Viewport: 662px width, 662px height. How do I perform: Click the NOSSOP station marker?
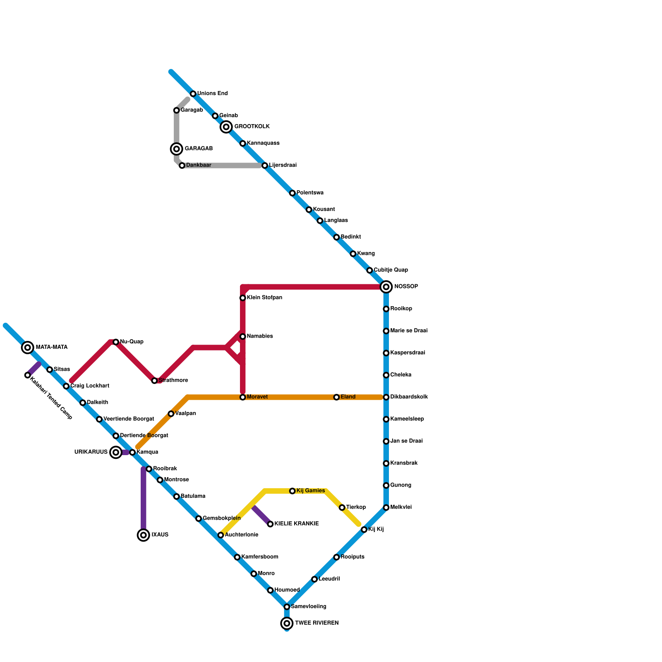click(x=386, y=287)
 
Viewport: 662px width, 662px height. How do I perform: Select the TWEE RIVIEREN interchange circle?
click(x=287, y=623)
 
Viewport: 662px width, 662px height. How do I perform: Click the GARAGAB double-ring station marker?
click(x=177, y=149)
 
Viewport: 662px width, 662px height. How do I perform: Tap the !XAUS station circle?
click(x=144, y=535)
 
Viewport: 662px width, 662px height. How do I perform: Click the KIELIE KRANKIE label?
click(x=296, y=524)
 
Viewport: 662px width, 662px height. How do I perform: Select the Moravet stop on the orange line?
click(x=243, y=397)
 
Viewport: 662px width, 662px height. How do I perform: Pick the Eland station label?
click(x=348, y=397)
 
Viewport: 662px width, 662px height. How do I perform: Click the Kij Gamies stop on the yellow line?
click(x=293, y=491)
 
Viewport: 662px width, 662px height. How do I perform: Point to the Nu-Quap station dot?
click(x=116, y=342)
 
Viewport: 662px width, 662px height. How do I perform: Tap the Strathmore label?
click(x=173, y=381)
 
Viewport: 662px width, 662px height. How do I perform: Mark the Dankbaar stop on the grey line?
click(x=182, y=165)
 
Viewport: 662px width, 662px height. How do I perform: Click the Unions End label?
click(x=212, y=94)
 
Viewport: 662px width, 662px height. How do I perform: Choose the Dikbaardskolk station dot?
click(x=386, y=397)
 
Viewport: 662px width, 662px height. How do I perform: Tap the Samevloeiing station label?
click(x=308, y=607)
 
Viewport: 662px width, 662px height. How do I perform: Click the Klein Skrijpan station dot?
click(x=243, y=298)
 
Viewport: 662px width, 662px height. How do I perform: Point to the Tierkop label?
click(x=356, y=507)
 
